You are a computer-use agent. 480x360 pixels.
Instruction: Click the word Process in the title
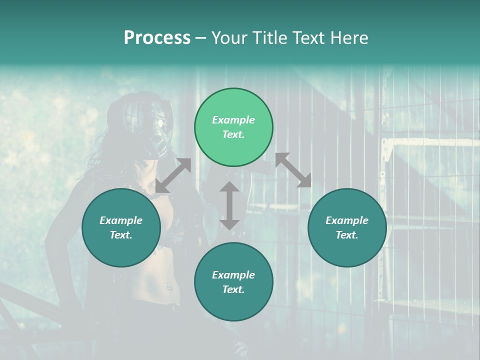[157, 38]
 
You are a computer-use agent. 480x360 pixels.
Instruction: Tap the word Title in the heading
[268, 38]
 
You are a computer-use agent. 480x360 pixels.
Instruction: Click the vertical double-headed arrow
[229, 205]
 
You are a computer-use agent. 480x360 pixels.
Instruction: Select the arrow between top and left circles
[173, 175]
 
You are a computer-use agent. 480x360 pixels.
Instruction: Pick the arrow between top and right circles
[293, 170]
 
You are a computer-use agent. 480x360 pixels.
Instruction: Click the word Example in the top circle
[233, 120]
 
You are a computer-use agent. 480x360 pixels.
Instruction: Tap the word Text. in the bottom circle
[233, 289]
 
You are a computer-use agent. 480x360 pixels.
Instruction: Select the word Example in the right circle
[347, 220]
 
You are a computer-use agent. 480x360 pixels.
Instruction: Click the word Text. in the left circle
[121, 235]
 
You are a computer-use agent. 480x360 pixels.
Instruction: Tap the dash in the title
[201, 38]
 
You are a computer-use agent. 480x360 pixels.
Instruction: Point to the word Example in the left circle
[121, 220]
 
